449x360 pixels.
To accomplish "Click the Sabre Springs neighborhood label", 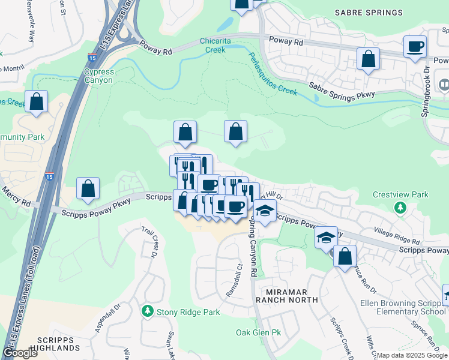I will [369, 12].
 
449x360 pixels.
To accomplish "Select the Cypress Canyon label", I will [99, 76].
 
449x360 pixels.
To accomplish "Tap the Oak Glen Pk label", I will [259, 332].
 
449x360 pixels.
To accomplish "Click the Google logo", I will [20, 353].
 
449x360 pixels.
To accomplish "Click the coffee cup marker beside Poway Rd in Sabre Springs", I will [415, 47].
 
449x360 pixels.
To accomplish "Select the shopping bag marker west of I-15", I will [37, 101].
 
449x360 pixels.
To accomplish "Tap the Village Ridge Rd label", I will [397, 236].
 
